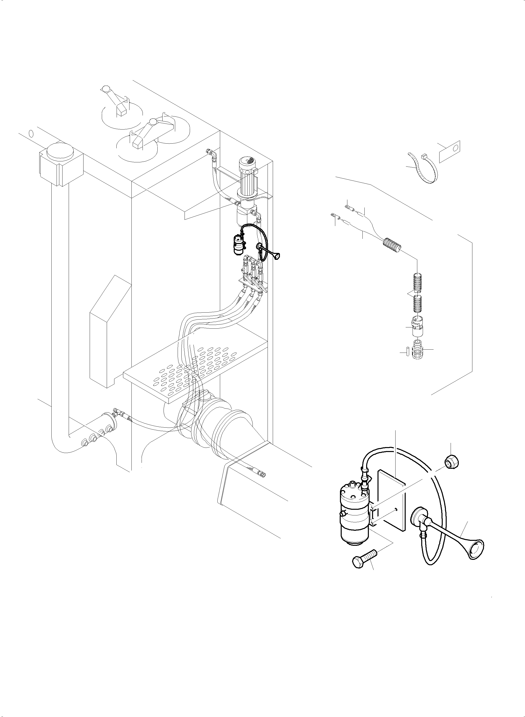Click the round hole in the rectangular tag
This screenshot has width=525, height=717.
click(x=456, y=148)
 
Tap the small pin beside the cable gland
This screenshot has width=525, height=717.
click(x=407, y=353)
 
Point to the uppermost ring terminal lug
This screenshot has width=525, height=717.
click(x=348, y=208)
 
